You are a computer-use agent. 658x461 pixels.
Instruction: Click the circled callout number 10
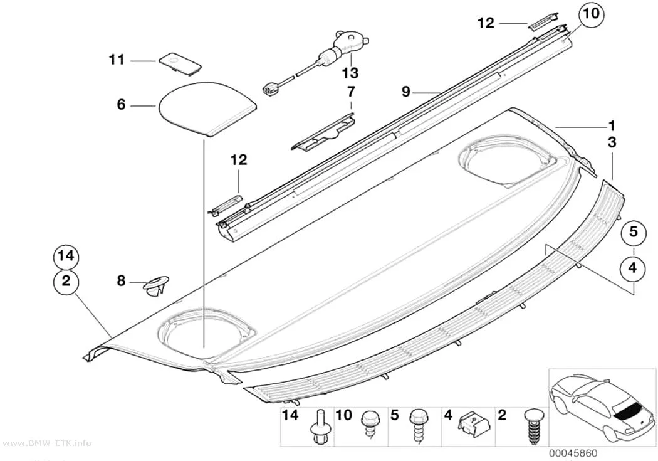(592, 15)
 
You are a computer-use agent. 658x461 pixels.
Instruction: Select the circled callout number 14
(66, 255)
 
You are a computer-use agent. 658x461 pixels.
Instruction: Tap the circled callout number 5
(633, 232)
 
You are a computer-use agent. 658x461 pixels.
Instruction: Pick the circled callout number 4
(633, 267)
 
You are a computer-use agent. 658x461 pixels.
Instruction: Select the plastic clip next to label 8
(156, 286)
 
